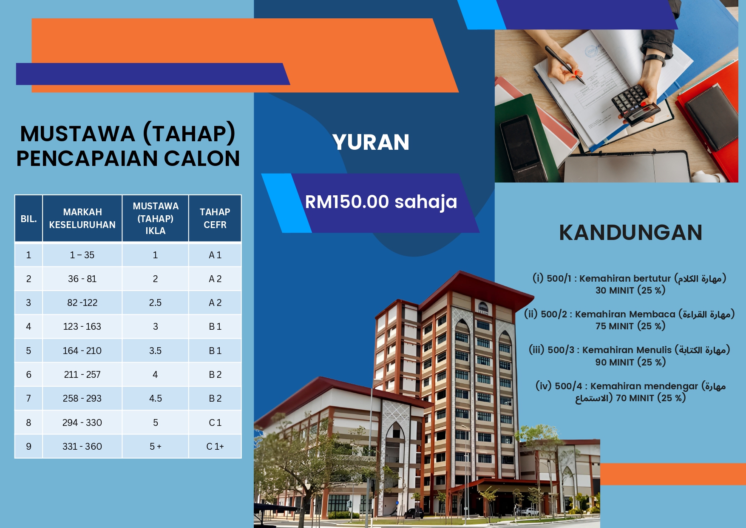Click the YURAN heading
[x=371, y=142]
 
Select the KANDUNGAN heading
[x=630, y=232]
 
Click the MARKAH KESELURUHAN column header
[x=82, y=218]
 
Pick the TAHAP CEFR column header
[x=215, y=218]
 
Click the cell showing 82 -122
[x=82, y=303]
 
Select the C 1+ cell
[x=215, y=446]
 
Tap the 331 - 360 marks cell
[x=82, y=446]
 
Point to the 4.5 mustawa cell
[x=155, y=398]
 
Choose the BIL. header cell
[x=28, y=219]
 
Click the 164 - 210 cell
[x=82, y=351]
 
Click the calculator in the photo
[x=635, y=104]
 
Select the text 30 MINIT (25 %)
[x=630, y=291]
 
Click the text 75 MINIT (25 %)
[x=630, y=326]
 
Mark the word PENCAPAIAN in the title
[x=87, y=158]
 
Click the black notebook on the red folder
[x=711, y=117]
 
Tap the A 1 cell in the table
[x=215, y=255]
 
